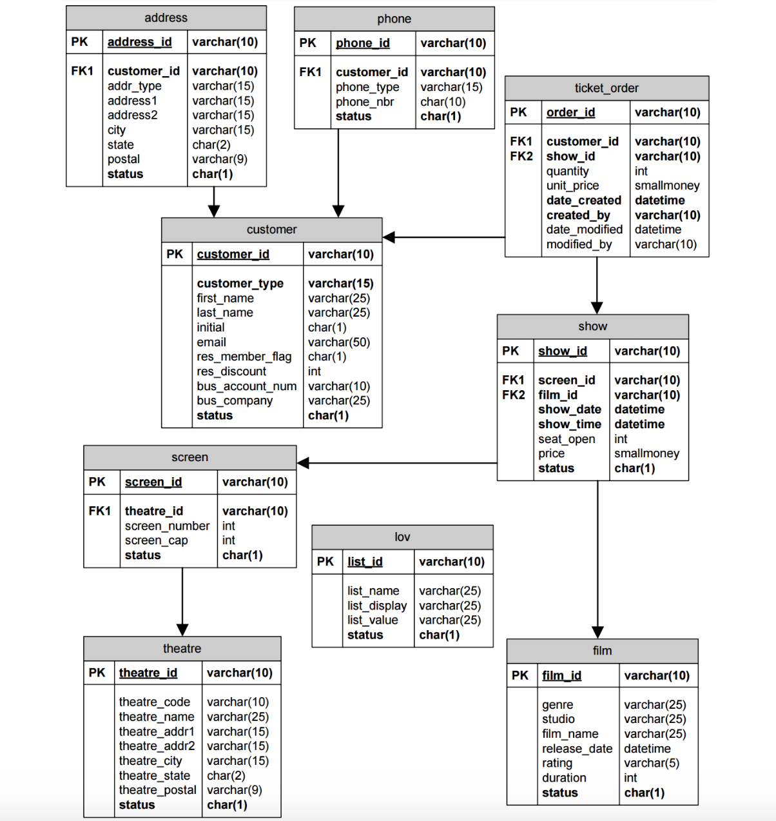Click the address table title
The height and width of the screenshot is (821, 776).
[x=166, y=18]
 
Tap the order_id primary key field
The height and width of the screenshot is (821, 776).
[x=570, y=112]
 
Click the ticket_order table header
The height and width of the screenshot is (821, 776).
[x=606, y=88]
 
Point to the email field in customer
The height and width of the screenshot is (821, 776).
[x=211, y=342]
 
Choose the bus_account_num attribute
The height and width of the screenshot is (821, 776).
[x=247, y=386]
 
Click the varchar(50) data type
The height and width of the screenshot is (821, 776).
[x=339, y=342]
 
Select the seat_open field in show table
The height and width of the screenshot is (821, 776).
[x=567, y=439]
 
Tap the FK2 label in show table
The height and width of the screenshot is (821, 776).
[x=514, y=395]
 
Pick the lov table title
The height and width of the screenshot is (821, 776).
[x=402, y=537]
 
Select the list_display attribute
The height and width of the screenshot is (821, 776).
[x=377, y=606]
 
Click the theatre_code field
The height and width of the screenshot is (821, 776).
[x=154, y=702]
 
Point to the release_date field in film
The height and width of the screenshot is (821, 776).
[x=577, y=749]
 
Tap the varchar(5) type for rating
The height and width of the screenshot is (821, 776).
[x=651, y=763]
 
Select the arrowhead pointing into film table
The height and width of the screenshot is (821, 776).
[x=597, y=632]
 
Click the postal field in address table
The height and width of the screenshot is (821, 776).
[x=124, y=159]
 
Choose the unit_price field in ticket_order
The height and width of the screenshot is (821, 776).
[x=572, y=186]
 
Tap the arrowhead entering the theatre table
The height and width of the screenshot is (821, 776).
[x=182, y=629]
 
